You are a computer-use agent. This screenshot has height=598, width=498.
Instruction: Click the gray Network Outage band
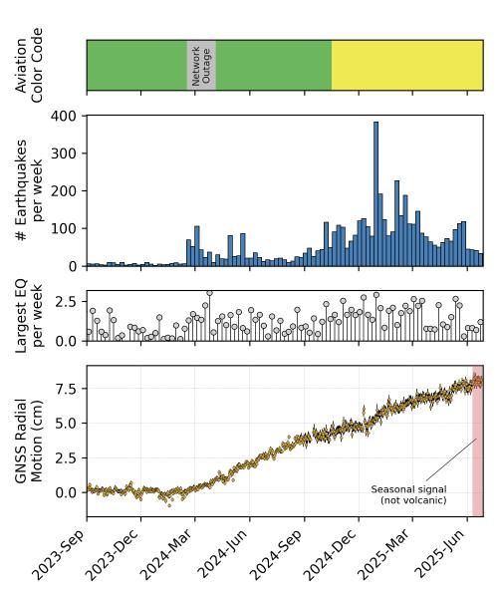(x=201, y=66)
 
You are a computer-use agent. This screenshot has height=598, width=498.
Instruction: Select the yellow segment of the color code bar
(x=406, y=66)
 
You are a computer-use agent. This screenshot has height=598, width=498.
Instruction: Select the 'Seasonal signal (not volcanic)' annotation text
(x=408, y=494)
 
